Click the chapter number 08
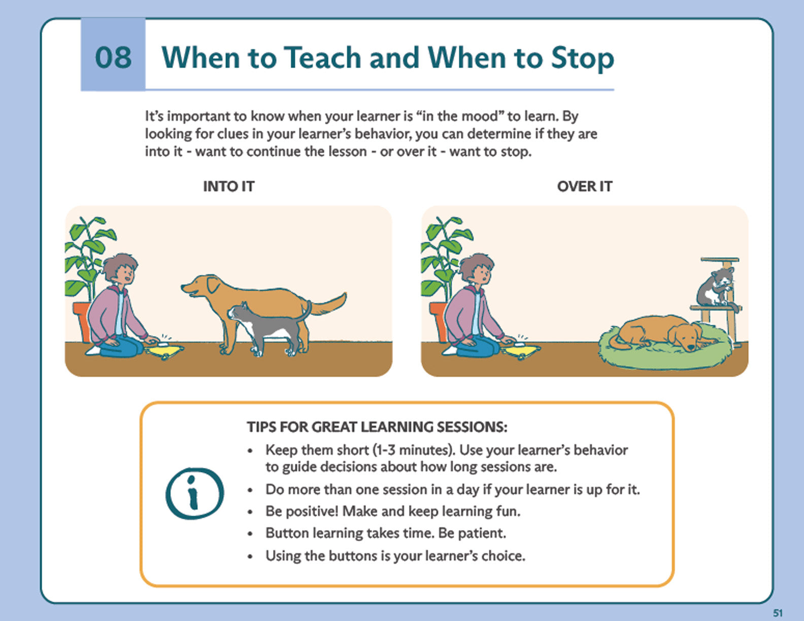pos(113,58)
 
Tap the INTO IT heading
pos(228,186)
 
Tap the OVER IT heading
pos(585,186)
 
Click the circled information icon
pos(194,493)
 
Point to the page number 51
pos(778,613)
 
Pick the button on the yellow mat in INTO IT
pos(162,345)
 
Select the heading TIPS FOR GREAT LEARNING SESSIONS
pos(377,427)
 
